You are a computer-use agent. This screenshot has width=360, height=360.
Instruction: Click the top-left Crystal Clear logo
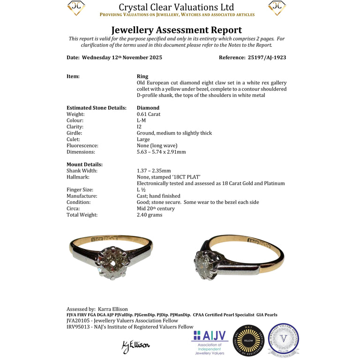pyautogui.click(x=76, y=8)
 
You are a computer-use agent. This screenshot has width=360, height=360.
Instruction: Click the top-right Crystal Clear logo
pyautogui.click(x=277, y=8)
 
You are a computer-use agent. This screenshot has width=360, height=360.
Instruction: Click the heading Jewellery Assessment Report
pyautogui.click(x=176, y=30)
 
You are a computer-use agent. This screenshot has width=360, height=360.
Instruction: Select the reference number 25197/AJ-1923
pyautogui.click(x=266, y=58)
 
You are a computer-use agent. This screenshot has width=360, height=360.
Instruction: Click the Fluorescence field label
pyautogui.click(x=83, y=146)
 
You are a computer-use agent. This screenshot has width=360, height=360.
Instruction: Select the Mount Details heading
pyautogui.click(x=84, y=165)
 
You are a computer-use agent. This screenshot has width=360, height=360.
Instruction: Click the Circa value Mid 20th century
pyautogui.click(x=156, y=209)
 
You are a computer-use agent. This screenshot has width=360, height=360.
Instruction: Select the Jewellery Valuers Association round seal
pyautogui.click(x=283, y=339)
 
